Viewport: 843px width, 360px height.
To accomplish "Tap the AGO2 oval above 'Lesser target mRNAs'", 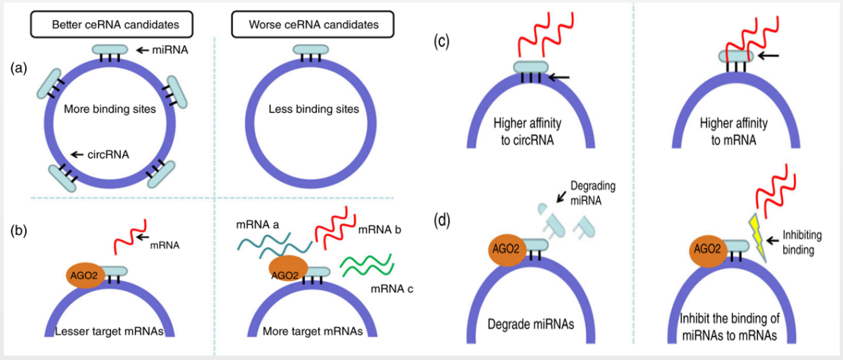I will (x=84, y=274).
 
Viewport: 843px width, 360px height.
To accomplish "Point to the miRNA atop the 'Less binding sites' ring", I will (x=307, y=50).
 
